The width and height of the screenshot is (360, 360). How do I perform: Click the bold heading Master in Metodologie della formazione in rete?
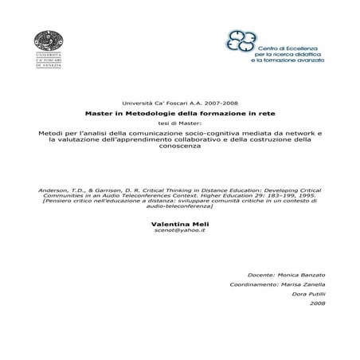tap(180, 114)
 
